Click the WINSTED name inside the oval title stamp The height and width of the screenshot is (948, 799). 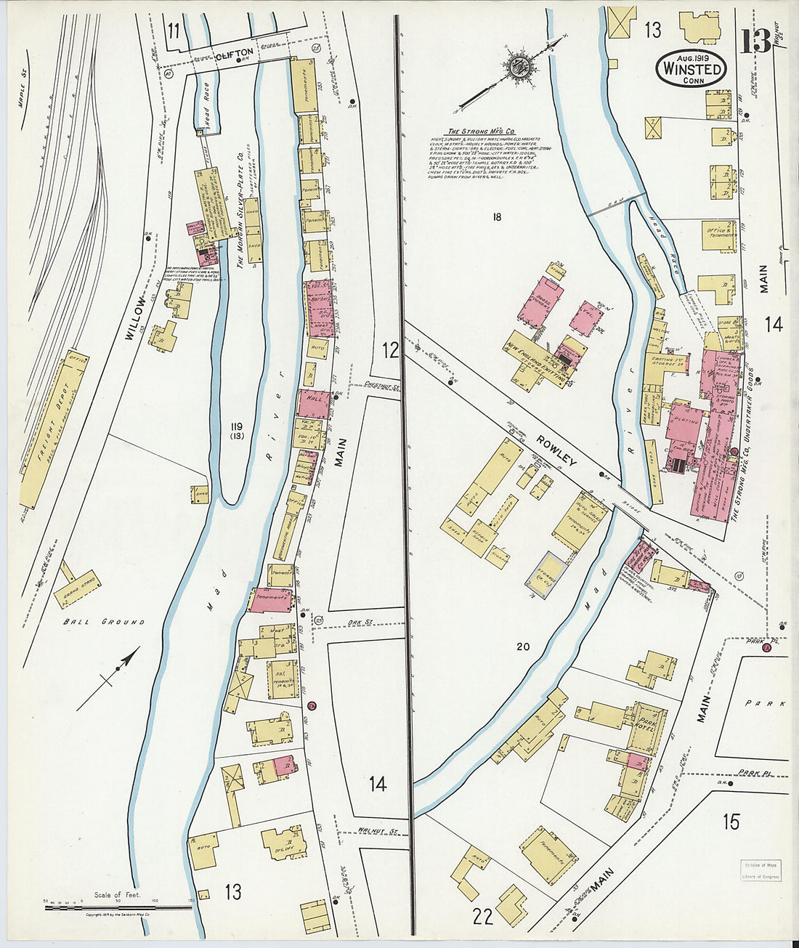(691, 70)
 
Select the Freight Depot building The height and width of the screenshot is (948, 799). (54, 429)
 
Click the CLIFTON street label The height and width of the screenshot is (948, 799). (234, 52)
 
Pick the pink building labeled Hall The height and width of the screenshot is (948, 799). (314, 402)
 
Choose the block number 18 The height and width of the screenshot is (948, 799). (496, 216)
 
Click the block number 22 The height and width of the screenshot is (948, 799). (482, 916)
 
